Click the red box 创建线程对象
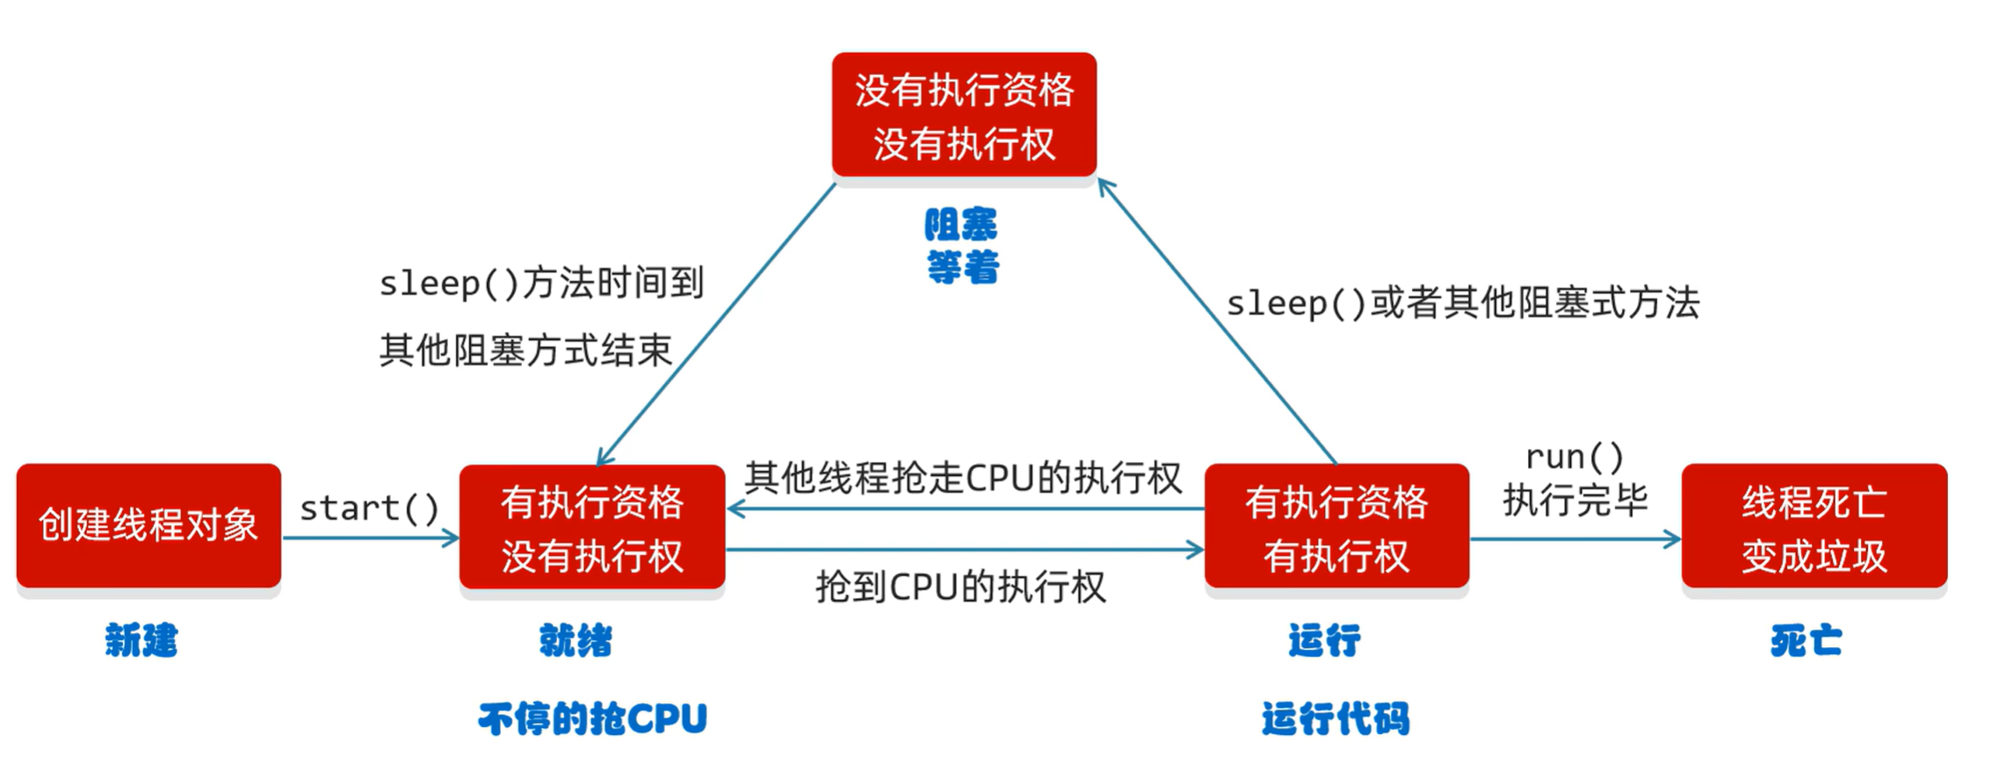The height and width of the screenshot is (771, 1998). (x=148, y=525)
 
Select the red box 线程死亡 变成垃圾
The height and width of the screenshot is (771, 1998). (x=1813, y=527)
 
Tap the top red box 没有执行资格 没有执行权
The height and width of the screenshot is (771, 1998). (x=964, y=115)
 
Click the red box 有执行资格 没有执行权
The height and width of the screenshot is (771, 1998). (x=592, y=527)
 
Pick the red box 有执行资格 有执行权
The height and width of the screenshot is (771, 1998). (x=1336, y=527)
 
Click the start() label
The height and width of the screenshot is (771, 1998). (x=369, y=508)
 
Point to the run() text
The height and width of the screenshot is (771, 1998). (x=1574, y=457)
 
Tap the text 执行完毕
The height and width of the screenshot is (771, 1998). (x=1575, y=501)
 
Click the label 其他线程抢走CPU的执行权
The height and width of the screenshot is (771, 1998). (x=963, y=479)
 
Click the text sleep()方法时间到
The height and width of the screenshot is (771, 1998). (x=541, y=284)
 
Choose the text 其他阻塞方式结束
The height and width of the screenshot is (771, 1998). (x=525, y=350)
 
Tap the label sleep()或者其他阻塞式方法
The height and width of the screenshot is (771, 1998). (x=1463, y=304)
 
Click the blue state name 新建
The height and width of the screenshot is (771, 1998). (x=141, y=640)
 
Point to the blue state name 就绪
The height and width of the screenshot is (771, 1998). (x=576, y=641)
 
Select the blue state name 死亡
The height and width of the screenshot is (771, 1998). (x=1806, y=641)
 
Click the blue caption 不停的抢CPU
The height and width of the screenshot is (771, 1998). (x=593, y=719)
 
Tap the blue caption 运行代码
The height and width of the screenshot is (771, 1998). (x=1336, y=719)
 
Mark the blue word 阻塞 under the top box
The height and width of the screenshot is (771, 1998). (x=961, y=226)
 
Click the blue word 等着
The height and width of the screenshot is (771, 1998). (x=963, y=267)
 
